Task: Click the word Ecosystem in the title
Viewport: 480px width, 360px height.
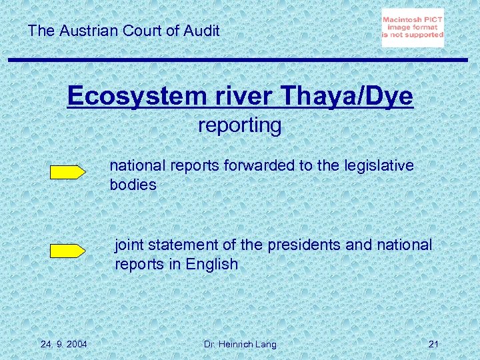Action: pyautogui.click(x=117, y=97)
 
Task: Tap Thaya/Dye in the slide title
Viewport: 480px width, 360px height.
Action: pyautogui.click(x=347, y=97)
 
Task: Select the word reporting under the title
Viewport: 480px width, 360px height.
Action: pyautogui.click(x=240, y=125)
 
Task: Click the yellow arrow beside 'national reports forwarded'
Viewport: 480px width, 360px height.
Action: pyautogui.click(x=68, y=172)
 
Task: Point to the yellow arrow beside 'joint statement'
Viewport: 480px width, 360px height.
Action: pyautogui.click(x=68, y=251)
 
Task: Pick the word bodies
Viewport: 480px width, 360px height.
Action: pyautogui.click(x=133, y=185)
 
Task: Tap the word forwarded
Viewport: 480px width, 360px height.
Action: pyautogui.click(x=261, y=165)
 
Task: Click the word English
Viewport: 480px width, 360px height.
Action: pyautogui.click(x=211, y=264)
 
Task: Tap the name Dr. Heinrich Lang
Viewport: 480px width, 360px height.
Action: pyautogui.click(x=239, y=344)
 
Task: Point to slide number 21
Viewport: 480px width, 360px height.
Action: pyautogui.click(x=433, y=344)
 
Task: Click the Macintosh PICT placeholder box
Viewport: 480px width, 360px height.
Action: pyautogui.click(x=412, y=28)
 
